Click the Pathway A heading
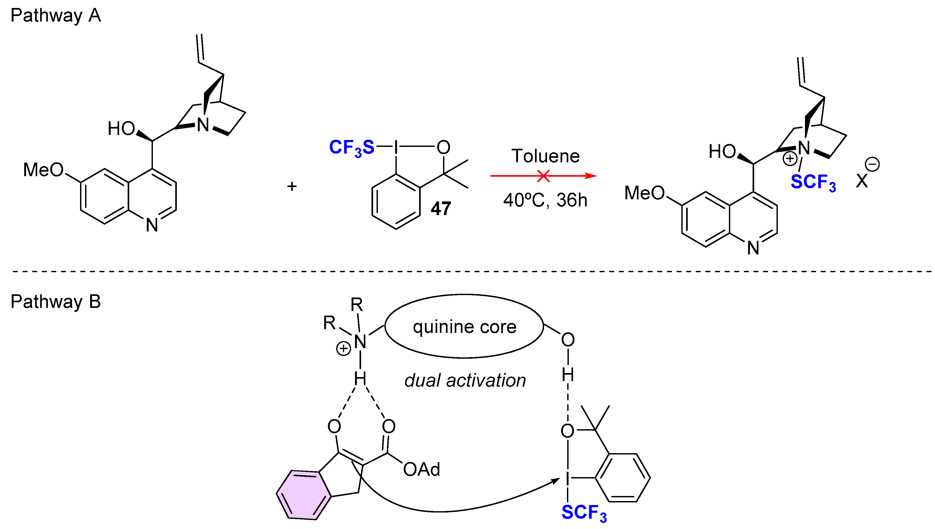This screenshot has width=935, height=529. (56, 16)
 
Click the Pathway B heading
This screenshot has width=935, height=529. (56, 301)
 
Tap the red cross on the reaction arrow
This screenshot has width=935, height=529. (543, 176)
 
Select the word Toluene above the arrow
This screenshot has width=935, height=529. (545, 156)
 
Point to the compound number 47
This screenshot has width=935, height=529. (441, 209)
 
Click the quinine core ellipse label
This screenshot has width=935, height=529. (464, 327)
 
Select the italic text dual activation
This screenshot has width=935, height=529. (465, 381)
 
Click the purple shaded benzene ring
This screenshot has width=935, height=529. (303, 495)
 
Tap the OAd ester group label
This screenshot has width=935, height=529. (421, 469)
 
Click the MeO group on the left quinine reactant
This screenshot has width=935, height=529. (43, 170)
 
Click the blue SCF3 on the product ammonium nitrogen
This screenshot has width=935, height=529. (813, 182)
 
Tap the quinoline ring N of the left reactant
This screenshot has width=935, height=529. (152, 225)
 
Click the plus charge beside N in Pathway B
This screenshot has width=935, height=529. (343, 349)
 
